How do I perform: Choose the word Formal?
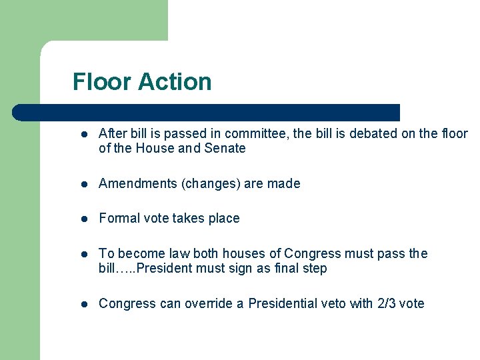117,218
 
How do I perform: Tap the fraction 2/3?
387,303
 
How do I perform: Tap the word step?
315,269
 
